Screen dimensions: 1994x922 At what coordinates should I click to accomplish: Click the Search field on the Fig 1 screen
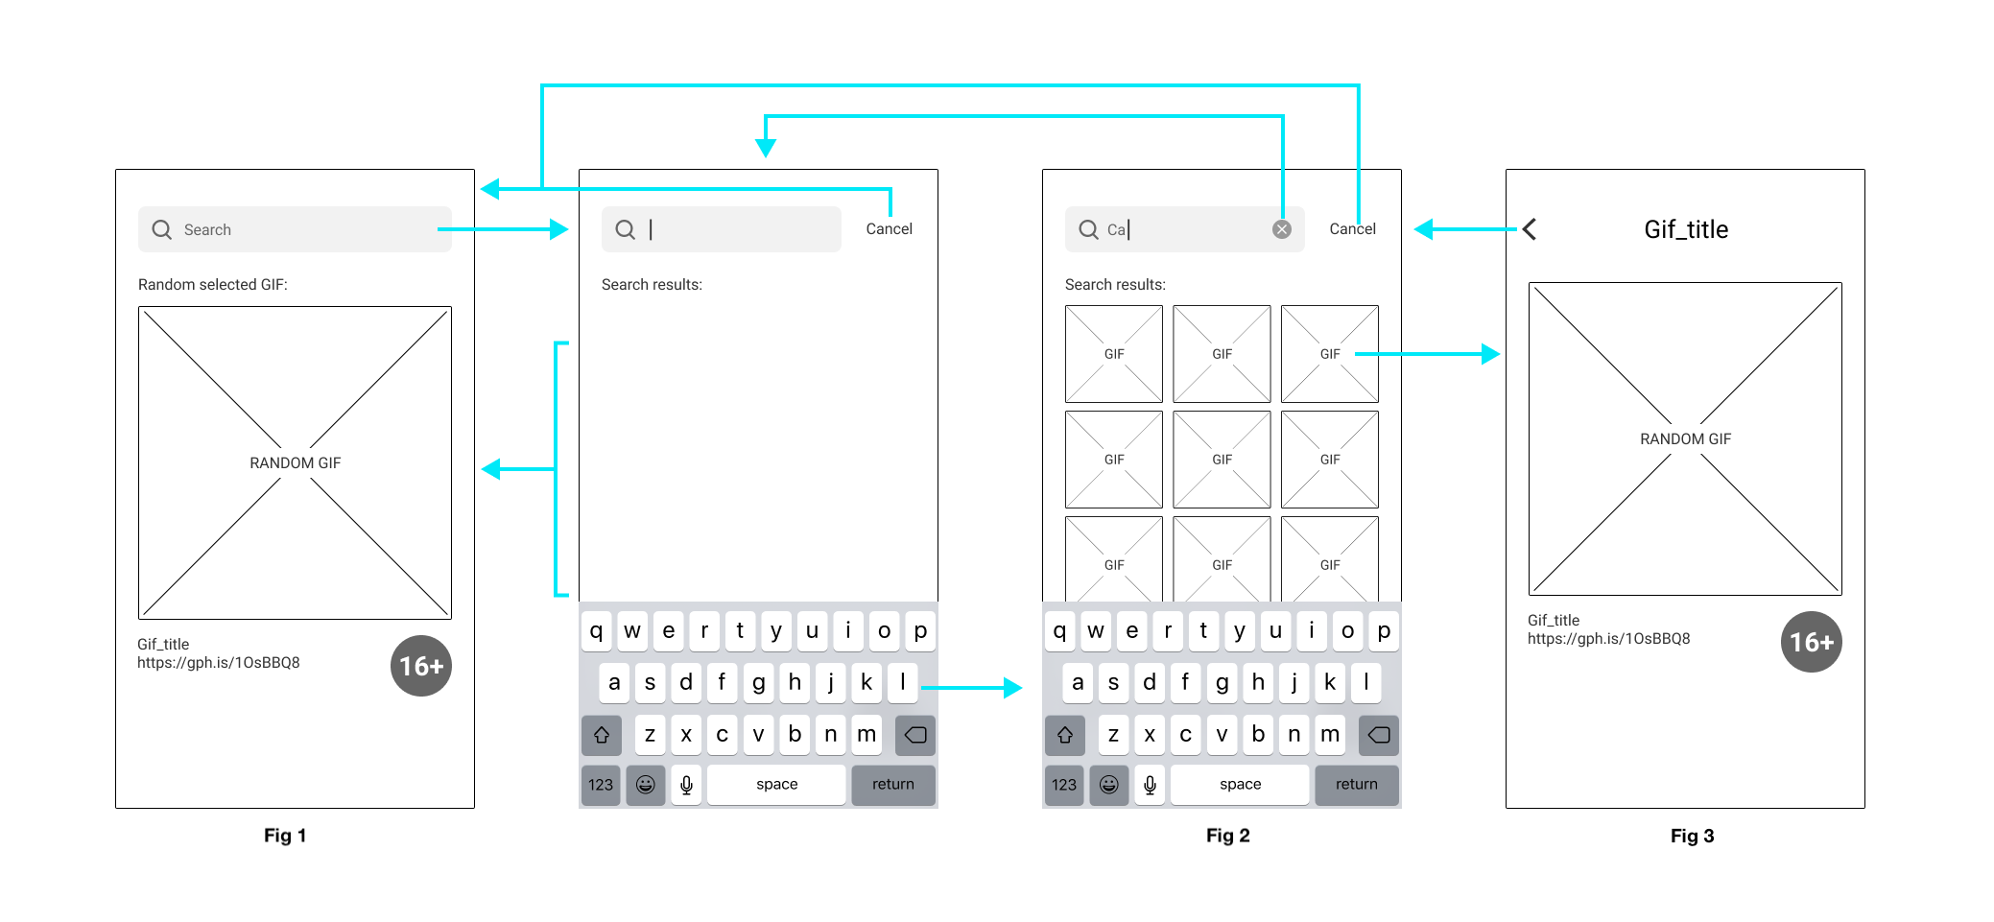point(295,229)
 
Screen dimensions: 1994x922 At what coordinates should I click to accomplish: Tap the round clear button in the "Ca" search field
point(1282,229)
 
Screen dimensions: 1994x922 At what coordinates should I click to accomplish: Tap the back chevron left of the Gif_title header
point(1530,229)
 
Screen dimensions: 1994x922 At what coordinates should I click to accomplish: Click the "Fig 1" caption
point(285,836)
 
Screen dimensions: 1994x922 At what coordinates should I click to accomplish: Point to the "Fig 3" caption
point(1692,836)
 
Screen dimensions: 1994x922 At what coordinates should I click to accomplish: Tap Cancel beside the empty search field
point(889,229)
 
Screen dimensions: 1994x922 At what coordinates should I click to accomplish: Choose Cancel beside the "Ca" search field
point(1352,229)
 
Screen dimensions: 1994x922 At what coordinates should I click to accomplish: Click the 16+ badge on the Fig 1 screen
point(421,666)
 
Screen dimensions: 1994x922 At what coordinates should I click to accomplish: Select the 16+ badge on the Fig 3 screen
point(1812,642)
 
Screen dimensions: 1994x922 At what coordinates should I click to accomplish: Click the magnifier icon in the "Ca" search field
point(1088,229)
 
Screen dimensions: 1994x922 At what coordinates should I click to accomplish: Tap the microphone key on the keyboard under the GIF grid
point(1150,785)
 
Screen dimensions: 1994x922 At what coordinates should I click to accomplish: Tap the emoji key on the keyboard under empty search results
point(646,785)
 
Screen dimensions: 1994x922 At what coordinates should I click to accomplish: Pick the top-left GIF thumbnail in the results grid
point(1114,354)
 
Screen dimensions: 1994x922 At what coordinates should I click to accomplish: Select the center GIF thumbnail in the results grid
point(1222,460)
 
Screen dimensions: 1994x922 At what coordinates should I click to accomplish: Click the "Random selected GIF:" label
point(213,285)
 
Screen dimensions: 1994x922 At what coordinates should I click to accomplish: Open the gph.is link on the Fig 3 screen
point(1609,639)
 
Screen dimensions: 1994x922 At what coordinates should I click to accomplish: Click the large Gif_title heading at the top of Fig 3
point(1686,229)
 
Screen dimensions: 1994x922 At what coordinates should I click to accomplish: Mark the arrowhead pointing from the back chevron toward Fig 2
point(1424,229)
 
